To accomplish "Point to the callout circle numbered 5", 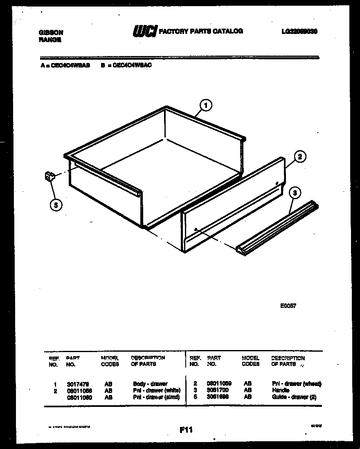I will tap(56, 204).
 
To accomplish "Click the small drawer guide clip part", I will tap(49, 177).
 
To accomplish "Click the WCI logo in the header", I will tap(144, 31).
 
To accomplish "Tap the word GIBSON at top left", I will tap(51, 32).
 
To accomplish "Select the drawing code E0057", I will tap(288, 305).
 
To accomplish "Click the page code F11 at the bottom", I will tap(186, 430).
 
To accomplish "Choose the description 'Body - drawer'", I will tap(150, 384).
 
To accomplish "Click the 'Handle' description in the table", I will tap(281, 390).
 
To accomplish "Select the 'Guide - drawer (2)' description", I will tap(294, 397).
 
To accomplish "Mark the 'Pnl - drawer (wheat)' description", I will tap(297, 384).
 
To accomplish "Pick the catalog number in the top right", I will tap(300, 31).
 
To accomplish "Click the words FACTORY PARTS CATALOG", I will tap(200, 31).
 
